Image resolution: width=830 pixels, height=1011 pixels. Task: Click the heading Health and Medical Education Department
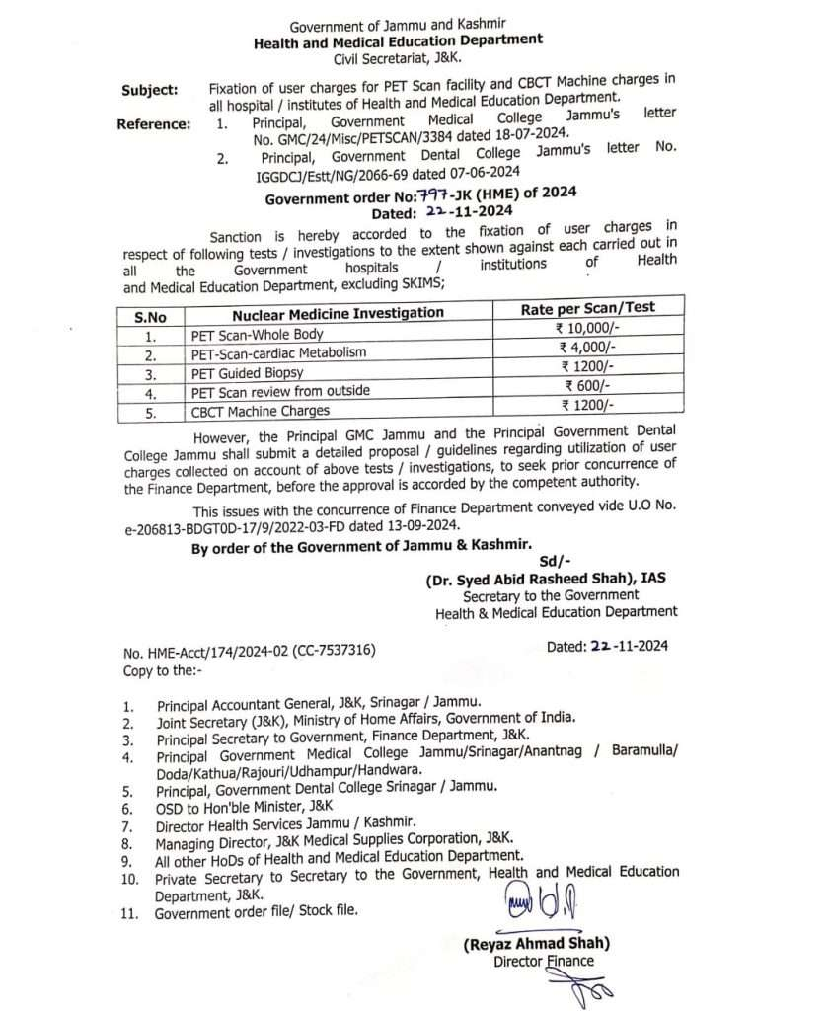coord(399,39)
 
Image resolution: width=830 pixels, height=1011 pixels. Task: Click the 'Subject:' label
coord(150,90)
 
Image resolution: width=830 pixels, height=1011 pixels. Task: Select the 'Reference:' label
coord(153,123)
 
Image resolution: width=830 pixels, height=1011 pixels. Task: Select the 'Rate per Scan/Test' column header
coord(587,308)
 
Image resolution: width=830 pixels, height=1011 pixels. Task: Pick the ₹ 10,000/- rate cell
coord(588,328)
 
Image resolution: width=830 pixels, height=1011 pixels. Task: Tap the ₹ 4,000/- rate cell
coord(588,347)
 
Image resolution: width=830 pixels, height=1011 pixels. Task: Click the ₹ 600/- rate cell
coord(588,385)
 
